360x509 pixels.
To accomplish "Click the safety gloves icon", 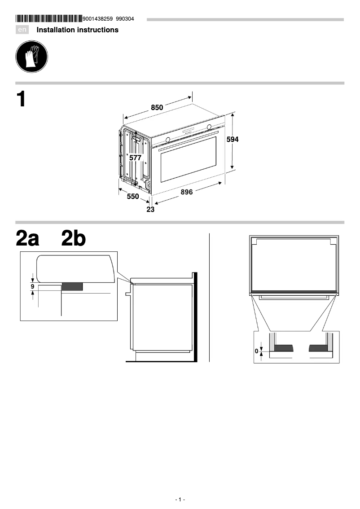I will [31, 57].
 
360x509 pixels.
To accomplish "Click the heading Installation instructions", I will [77, 30].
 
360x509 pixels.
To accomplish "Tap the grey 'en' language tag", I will [22, 30].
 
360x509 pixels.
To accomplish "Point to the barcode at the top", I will [48, 19].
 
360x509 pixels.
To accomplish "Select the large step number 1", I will [21, 99].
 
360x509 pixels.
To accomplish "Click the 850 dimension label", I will [157, 108].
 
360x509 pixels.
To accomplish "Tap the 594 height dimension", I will [232, 140].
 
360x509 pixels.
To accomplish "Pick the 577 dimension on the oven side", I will [135, 158].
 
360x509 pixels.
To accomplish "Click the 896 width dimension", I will [187, 192].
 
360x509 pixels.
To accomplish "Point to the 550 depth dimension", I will [132, 196].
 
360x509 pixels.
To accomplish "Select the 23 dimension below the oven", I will [150, 209].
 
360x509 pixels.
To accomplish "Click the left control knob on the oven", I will [167, 139].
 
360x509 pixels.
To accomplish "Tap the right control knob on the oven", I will [209, 127].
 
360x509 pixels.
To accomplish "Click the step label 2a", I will [27, 239].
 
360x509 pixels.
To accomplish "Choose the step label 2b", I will [73, 239].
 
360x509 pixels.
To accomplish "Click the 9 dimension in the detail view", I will [32, 285].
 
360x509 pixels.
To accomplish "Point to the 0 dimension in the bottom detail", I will [257, 351].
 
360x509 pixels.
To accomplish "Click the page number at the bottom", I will [180, 500].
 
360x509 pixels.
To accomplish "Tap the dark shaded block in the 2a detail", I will [72, 286].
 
